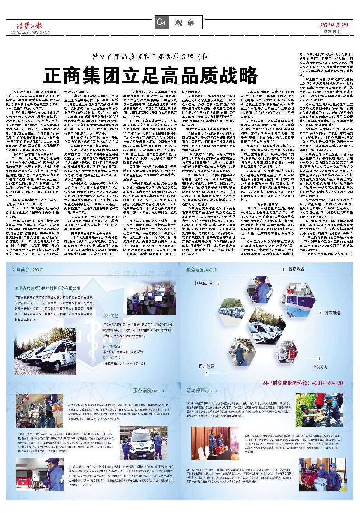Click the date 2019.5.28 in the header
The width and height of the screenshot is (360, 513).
[333, 25]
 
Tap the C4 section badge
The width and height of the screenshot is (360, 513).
[161, 22]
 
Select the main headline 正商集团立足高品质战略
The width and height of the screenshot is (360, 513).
[151, 75]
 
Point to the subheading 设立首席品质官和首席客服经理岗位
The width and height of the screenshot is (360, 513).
[150, 56]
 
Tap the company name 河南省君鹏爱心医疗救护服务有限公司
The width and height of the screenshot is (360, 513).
[48, 288]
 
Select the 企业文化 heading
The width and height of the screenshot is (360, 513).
[111, 316]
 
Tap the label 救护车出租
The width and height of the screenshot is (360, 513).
[204, 283]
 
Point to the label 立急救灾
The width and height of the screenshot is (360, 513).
[320, 367]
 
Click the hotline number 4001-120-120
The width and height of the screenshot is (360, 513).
[302, 383]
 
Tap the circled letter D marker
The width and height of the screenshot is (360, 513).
[284, 270]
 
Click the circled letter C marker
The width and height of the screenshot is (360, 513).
[206, 373]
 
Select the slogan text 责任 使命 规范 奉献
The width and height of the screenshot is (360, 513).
[139, 273]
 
